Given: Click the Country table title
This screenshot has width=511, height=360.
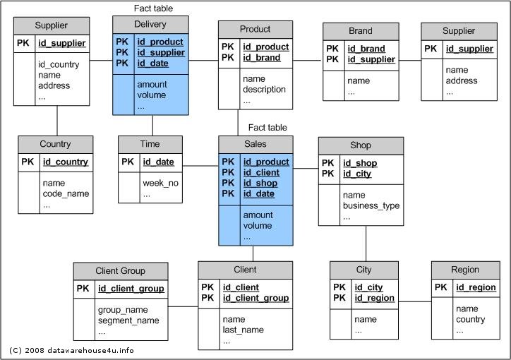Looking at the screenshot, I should click(x=55, y=144).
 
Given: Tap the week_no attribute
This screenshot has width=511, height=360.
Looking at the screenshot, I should click(x=160, y=184).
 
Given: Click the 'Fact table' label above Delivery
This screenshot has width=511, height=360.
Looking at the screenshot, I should click(x=153, y=8).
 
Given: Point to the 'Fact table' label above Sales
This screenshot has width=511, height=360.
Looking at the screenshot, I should click(x=267, y=128).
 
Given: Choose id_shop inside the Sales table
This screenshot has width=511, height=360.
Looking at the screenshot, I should click(x=260, y=183).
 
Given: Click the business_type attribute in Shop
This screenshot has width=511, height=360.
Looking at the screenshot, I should click(x=371, y=206).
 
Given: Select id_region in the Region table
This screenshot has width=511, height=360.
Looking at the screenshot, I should click(x=476, y=287).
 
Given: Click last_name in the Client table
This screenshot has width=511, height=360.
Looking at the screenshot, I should click(x=244, y=330).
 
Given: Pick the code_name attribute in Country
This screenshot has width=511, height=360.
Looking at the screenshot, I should click(x=66, y=194).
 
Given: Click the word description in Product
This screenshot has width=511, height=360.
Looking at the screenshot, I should click(x=264, y=90).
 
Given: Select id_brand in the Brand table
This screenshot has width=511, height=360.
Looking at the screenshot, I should click(x=366, y=49).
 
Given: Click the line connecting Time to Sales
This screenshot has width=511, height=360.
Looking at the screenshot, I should click(x=201, y=166).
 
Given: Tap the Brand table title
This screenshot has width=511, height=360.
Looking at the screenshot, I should click(x=360, y=31).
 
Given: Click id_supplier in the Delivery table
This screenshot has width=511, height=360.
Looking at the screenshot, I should click(x=160, y=53).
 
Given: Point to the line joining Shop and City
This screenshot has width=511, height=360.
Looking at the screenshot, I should click(x=366, y=243).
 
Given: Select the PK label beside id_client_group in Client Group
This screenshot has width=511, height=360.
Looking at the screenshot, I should click(x=83, y=289).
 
